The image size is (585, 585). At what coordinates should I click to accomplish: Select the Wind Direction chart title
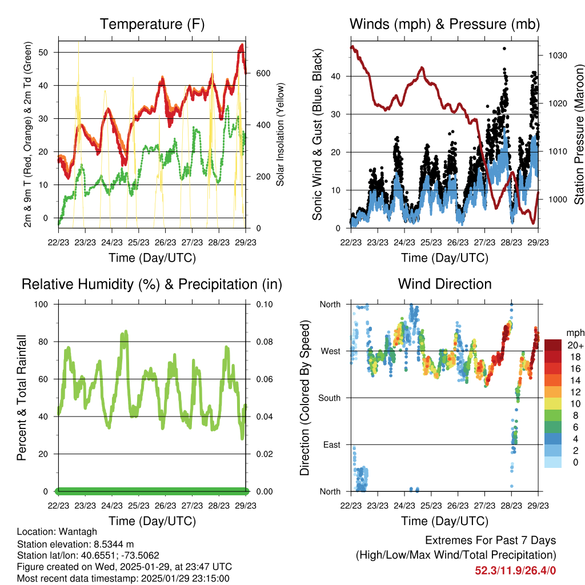coord(444,284)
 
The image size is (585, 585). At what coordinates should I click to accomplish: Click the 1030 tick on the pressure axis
coord(556,56)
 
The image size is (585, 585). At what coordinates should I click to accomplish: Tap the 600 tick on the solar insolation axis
coord(262,74)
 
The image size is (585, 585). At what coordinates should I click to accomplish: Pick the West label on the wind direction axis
coord(330,351)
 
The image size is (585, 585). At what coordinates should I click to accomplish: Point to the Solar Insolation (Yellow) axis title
coord(281,134)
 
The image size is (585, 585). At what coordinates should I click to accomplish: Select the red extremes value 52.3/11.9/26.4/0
coord(515,570)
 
